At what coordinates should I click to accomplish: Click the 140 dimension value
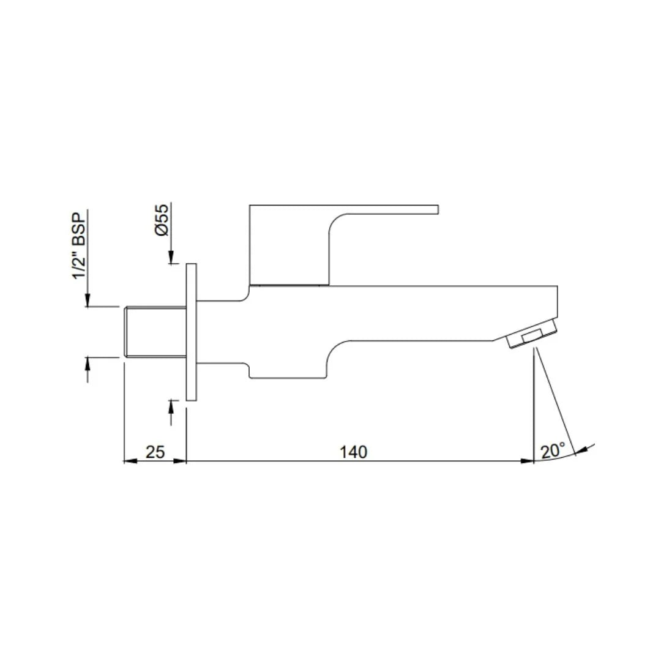[x=354, y=452]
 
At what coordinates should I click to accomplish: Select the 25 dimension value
[x=155, y=452]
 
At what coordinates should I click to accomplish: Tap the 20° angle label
[x=552, y=451]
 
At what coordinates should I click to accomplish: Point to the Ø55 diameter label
[x=162, y=222]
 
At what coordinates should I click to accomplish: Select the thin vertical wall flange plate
[x=191, y=332]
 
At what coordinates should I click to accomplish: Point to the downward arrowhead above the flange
[x=171, y=259]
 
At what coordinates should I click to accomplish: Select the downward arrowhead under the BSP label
[x=88, y=300]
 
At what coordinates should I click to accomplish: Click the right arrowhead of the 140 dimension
[x=528, y=461]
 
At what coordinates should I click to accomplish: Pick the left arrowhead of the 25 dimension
[x=130, y=461]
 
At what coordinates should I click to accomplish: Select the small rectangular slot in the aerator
[x=531, y=336]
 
